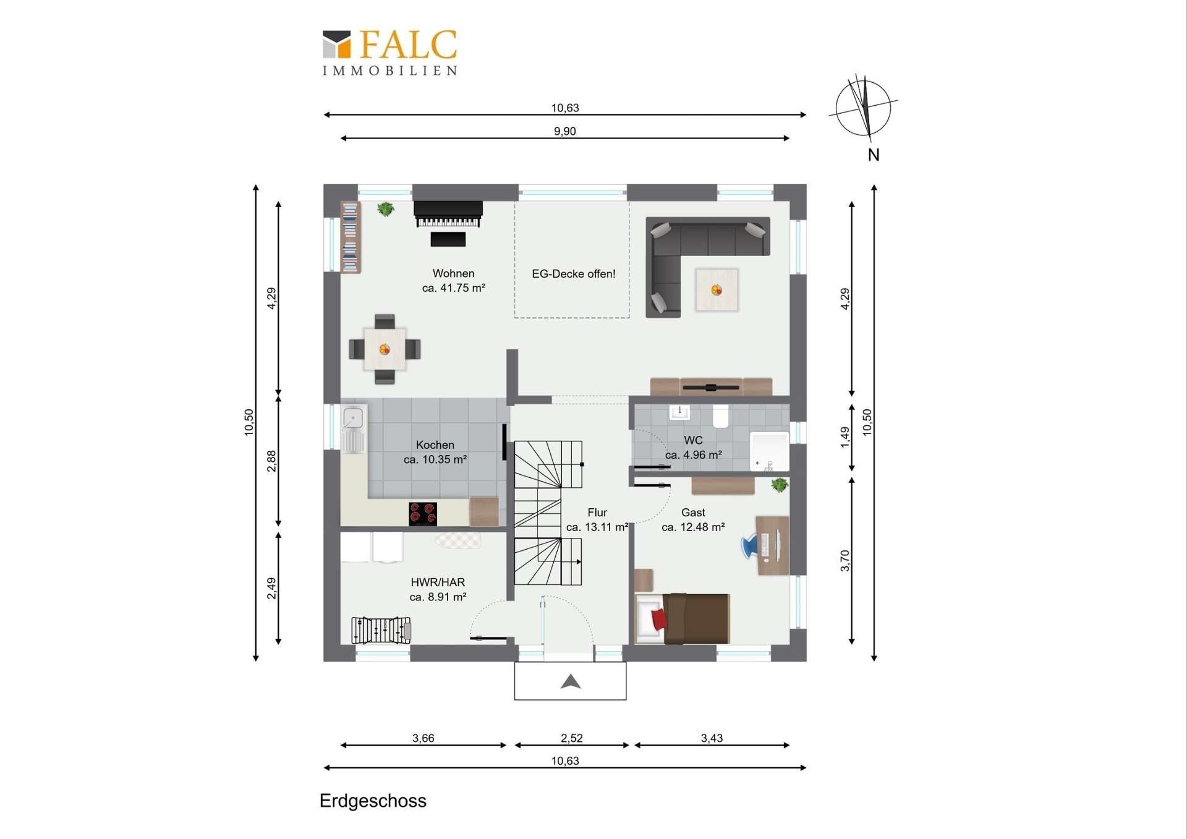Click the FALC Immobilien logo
click(390, 53)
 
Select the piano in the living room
click(448, 215)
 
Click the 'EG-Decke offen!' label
click(573, 274)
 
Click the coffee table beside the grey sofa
click(717, 289)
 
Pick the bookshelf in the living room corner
click(350, 237)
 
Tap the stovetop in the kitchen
click(423, 514)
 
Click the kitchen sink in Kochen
click(353, 428)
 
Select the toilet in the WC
click(721, 416)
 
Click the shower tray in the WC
click(770, 451)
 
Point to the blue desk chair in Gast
click(750, 546)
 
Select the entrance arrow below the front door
click(571, 681)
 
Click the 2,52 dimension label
click(572, 738)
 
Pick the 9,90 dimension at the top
click(565, 131)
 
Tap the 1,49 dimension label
click(845, 437)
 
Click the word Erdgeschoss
click(373, 801)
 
